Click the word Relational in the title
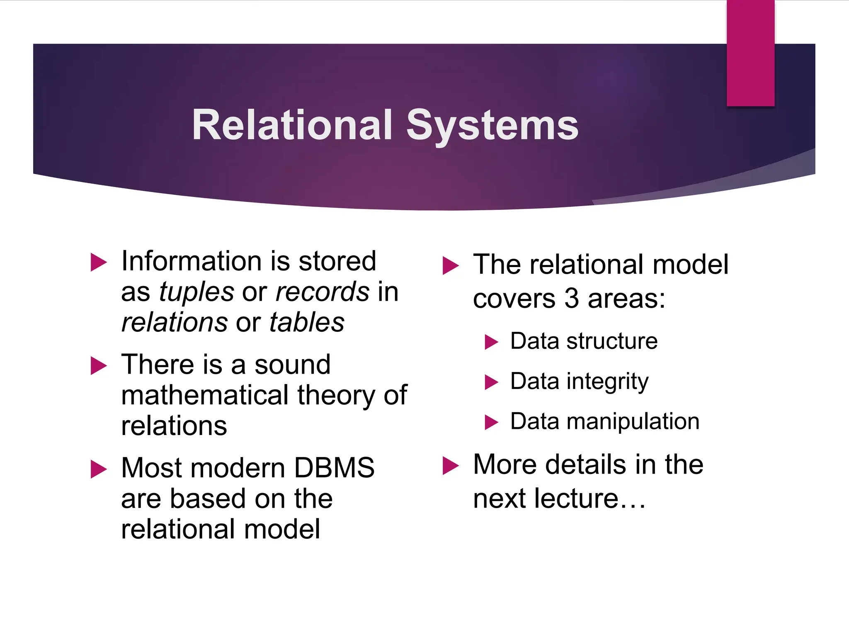click(x=292, y=125)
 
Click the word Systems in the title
click(x=492, y=126)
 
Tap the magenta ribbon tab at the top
click(x=750, y=53)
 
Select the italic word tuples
click(x=196, y=292)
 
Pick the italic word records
click(x=322, y=292)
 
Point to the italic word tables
click(x=307, y=322)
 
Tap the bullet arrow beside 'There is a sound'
click(x=99, y=365)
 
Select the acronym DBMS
click(x=334, y=467)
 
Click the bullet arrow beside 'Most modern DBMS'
click(x=99, y=469)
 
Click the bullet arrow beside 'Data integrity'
click(x=491, y=382)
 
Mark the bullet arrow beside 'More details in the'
click(x=451, y=465)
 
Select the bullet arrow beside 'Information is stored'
click(x=99, y=263)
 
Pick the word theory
click(x=336, y=395)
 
